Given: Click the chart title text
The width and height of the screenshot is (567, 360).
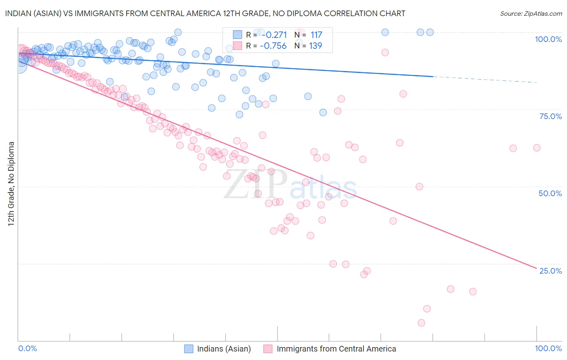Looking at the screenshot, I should (x=205, y=13).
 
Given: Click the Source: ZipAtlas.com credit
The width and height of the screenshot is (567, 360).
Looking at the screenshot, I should (x=531, y=13).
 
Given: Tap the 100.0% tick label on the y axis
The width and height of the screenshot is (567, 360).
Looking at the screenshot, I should (x=548, y=39).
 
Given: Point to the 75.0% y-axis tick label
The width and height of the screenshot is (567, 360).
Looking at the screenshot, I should (x=550, y=116).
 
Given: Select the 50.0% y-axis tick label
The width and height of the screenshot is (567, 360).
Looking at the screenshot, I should (x=550, y=193).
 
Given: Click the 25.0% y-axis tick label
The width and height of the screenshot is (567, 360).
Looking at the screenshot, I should (x=550, y=270).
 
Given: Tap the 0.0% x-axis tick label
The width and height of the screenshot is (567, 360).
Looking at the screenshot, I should (x=27, y=348).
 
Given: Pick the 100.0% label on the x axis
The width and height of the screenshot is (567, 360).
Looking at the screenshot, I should (x=548, y=348).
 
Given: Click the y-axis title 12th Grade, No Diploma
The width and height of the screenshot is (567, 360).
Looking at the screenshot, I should (x=11, y=184).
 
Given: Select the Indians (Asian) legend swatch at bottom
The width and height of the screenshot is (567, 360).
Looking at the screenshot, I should (x=189, y=349).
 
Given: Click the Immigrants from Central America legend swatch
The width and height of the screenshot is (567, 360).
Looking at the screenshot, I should (x=268, y=349).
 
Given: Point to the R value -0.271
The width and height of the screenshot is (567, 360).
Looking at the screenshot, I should (x=273, y=35).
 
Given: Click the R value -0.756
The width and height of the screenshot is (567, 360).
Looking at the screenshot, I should (x=273, y=46).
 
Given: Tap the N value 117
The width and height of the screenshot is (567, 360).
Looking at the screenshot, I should (x=316, y=35).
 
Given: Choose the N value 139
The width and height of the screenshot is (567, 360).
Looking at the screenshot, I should (x=316, y=46).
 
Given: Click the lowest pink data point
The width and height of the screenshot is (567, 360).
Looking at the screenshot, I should (x=421, y=323).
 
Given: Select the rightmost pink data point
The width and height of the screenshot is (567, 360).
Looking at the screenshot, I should (x=537, y=148).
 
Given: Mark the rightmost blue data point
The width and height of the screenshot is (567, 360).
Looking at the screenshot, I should (x=430, y=32).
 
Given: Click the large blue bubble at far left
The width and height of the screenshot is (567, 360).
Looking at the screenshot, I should (x=19, y=65).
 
